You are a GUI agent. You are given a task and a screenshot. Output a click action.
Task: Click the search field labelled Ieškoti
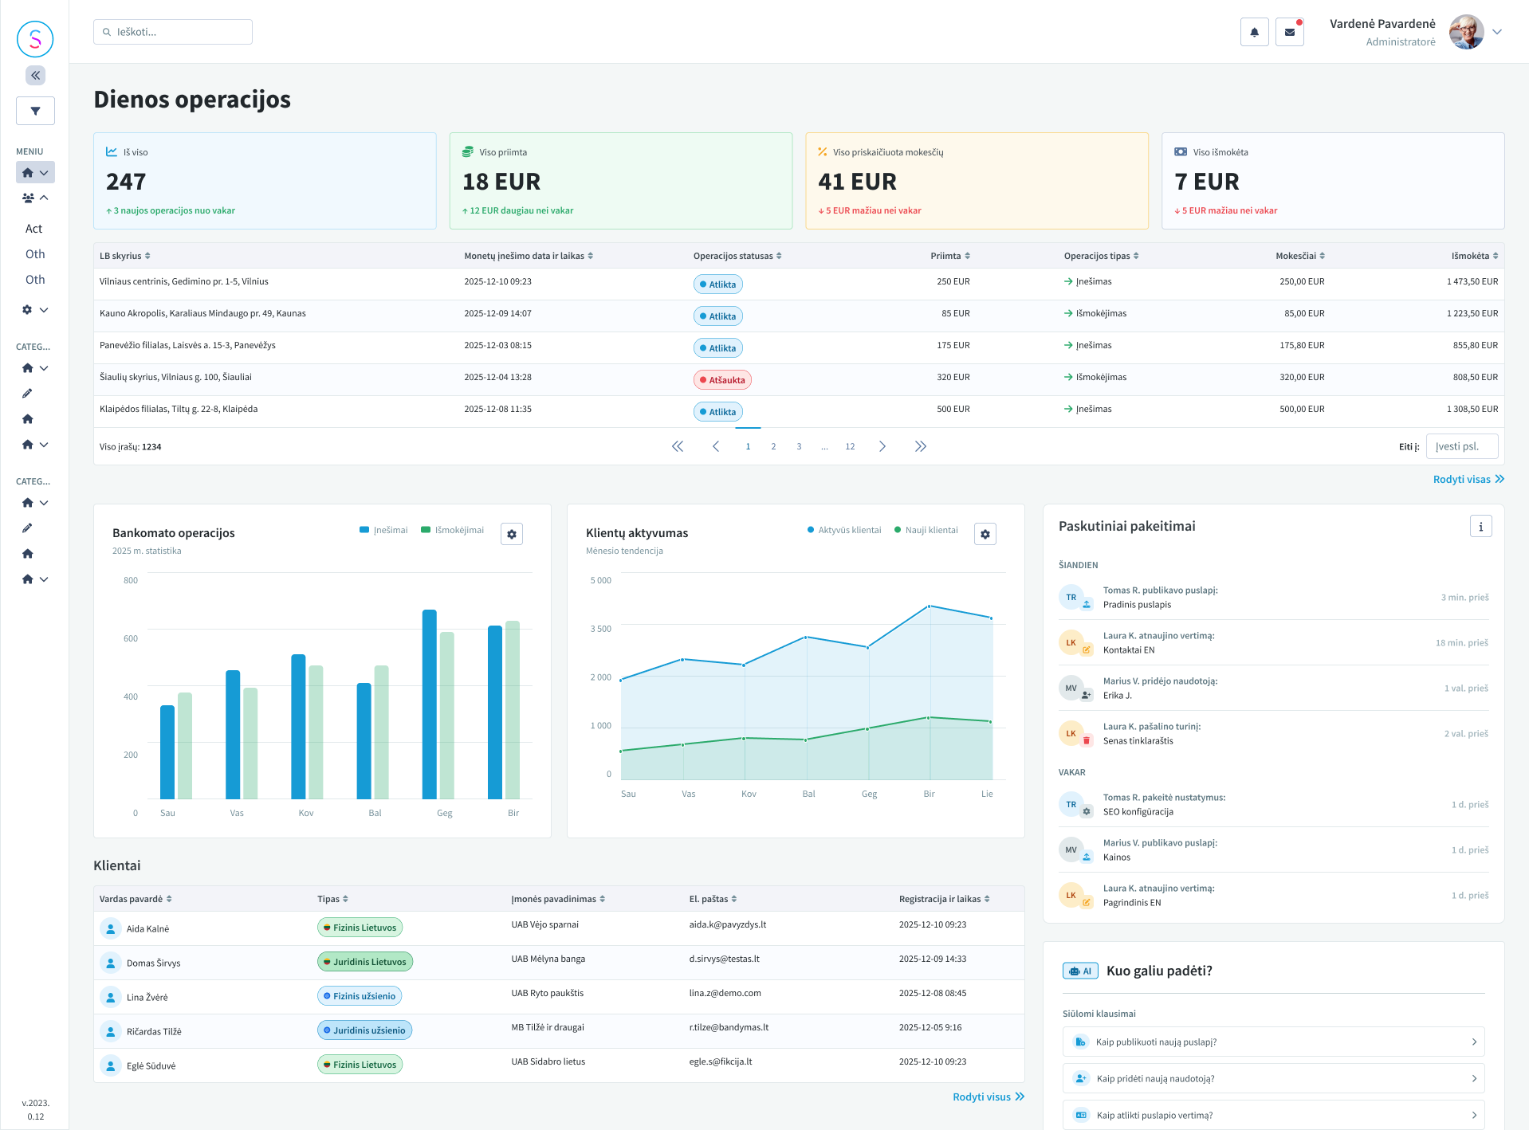tap(173, 32)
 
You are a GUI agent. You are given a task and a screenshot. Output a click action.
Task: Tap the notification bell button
tap(1254, 32)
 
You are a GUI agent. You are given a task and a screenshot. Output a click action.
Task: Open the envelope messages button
tap(1289, 32)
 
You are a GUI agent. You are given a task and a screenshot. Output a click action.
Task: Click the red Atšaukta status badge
tap(722, 380)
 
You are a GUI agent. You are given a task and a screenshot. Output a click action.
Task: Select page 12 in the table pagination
tap(850, 446)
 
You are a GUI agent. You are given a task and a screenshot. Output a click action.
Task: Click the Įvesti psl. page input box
tap(1461, 446)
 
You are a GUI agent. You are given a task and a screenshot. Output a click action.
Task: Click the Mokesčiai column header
tap(1299, 256)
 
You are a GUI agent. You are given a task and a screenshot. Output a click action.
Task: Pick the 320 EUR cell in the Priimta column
tap(953, 377)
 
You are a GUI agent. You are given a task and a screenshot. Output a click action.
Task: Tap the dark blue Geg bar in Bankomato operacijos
tap(429, 704)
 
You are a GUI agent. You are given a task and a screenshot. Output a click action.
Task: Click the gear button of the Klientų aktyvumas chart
tap(985, 534)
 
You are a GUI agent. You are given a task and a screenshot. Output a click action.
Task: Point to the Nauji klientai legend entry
tap(926, 530)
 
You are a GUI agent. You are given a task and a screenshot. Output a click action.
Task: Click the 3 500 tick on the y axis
tap(600, 629)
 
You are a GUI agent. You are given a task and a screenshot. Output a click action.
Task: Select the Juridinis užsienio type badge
tap(364, 1030)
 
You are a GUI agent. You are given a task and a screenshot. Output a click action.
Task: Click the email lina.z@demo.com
tap(725, 993)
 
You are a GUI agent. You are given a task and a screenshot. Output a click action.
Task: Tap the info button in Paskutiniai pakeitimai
tap(1480, 526)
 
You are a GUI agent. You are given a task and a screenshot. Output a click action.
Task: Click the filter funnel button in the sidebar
tap(35, 111)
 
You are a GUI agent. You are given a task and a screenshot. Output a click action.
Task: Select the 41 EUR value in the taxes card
tap(857, 182)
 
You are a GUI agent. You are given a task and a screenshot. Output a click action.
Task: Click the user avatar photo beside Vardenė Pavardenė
tap(1466, 32)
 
